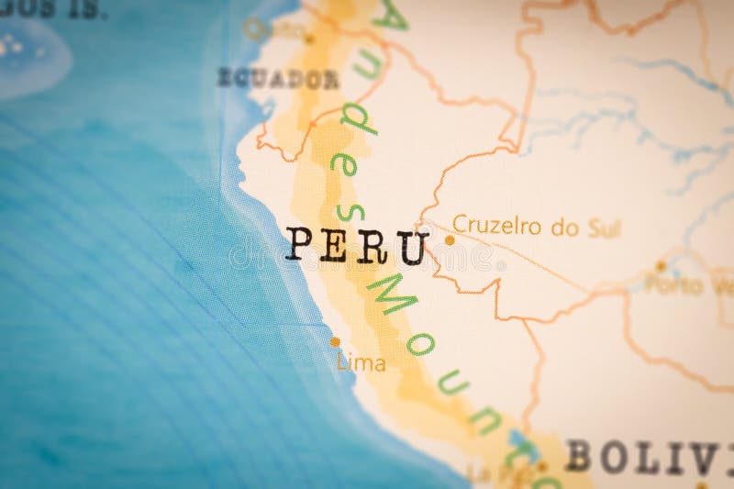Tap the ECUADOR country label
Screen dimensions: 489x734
coord(277,78)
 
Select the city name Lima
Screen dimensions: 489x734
coord(361,362)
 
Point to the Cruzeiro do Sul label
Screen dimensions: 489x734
coord(537,226)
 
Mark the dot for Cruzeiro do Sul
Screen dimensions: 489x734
coord(450,239)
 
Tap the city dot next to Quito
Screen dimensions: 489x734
coord(309,39)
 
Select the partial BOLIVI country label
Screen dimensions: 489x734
coord(648,456)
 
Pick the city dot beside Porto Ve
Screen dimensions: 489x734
coord(661,266)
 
